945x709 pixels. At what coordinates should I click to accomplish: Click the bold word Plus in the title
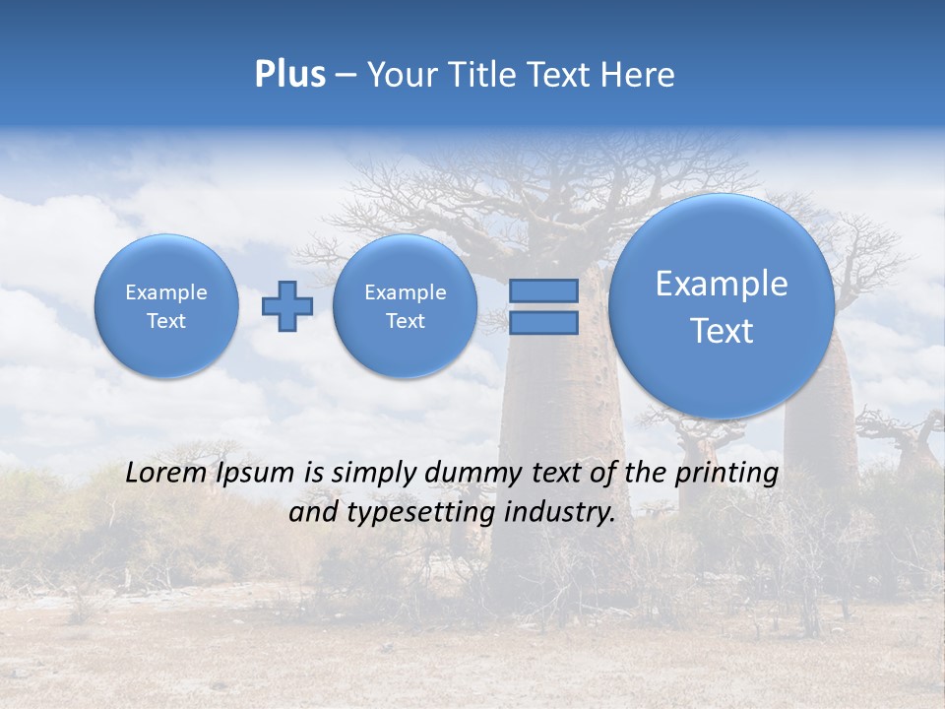pyautogui.click(x=289, y=75)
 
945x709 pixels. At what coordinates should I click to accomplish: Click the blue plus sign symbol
pyautogui.click(x=287, y=305)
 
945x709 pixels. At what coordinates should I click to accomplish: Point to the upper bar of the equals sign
pyautogui.click(x=543, y=290)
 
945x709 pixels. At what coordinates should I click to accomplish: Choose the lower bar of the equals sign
pyautogui.click(x=543, y=322)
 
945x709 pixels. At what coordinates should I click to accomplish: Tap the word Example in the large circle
pyautogui.click(x=722, y=284)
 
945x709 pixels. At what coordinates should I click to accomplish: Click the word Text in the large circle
pyautogui.click(x=722, y=331)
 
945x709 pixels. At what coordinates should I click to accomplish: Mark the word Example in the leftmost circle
pyautogui.click(x=166, y=292)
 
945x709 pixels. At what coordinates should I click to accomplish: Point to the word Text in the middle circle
pyautogui.click(x=405, y=321)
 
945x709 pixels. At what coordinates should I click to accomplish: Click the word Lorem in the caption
pyautogui.click(x=165, y=473)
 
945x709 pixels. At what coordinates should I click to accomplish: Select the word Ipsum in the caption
pyautogui.click(x=254, y=473)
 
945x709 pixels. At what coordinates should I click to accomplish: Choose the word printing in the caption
pyautogui.click(x=725, y=474)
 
